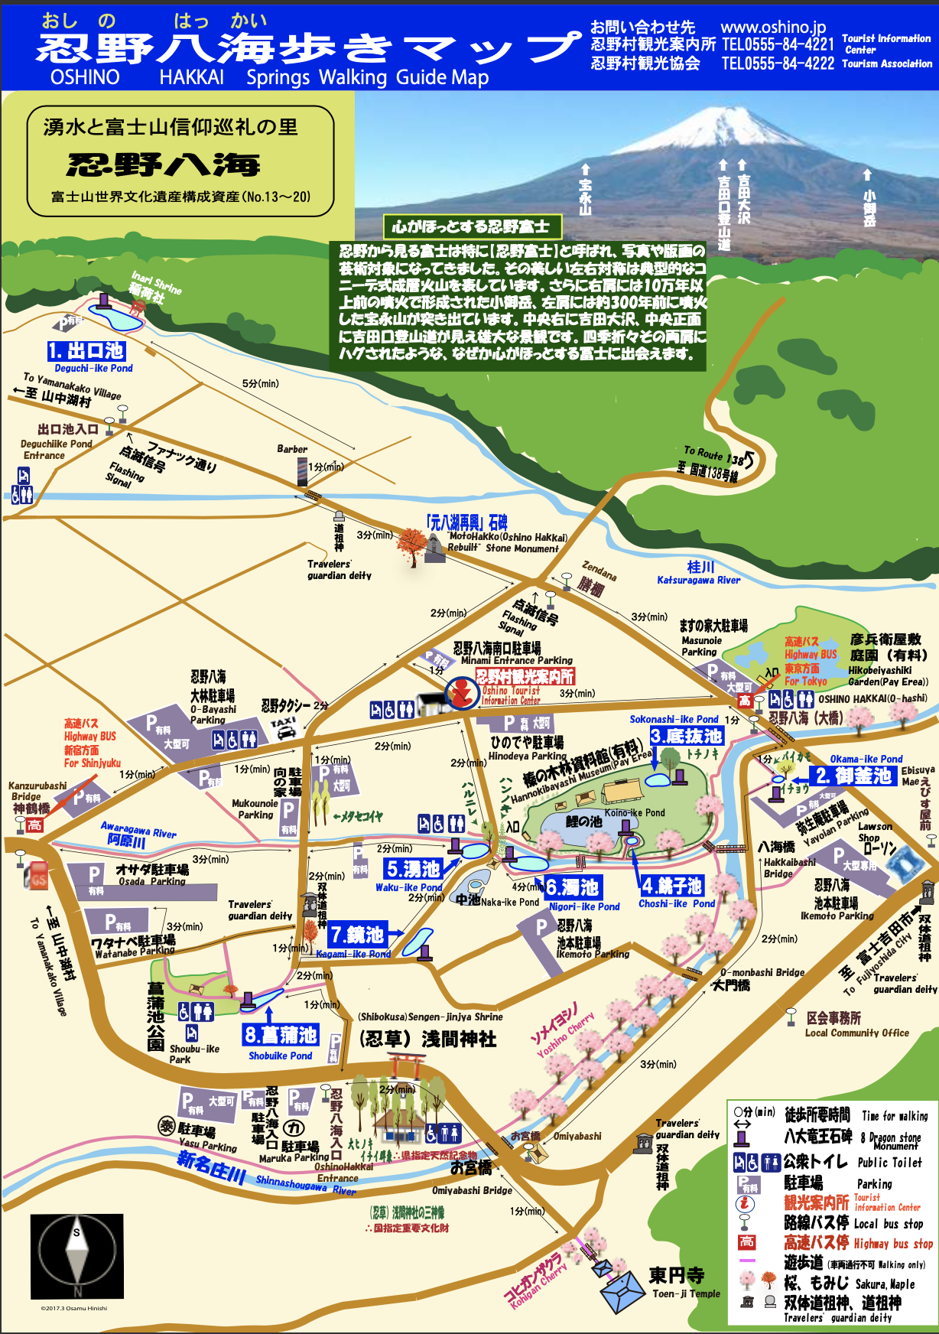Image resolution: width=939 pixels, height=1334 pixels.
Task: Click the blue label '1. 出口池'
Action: point(86,351)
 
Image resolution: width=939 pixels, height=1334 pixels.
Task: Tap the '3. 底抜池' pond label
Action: point(686,736)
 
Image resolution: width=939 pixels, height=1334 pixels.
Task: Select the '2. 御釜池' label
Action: point(853,775)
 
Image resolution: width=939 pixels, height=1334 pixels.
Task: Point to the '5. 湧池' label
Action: point(413,869)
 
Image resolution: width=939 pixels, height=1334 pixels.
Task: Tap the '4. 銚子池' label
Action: point(671,886)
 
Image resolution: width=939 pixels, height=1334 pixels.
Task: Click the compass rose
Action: point(76,1254)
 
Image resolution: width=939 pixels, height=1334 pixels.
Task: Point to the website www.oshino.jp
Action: point(773,28)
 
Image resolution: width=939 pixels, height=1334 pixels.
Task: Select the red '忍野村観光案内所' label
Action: point(525,676)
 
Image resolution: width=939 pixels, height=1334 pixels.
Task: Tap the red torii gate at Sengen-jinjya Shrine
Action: point(405,1064)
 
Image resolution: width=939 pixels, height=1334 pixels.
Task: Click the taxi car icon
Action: point(284,728)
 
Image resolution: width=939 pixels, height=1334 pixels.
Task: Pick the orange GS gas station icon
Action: point(37,875)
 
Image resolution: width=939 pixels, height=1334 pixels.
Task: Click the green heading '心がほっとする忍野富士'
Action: point(471,226)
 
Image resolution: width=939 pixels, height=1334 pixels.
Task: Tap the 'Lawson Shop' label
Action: point(875,831)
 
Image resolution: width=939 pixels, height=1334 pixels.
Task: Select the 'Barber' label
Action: point(292,449)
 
